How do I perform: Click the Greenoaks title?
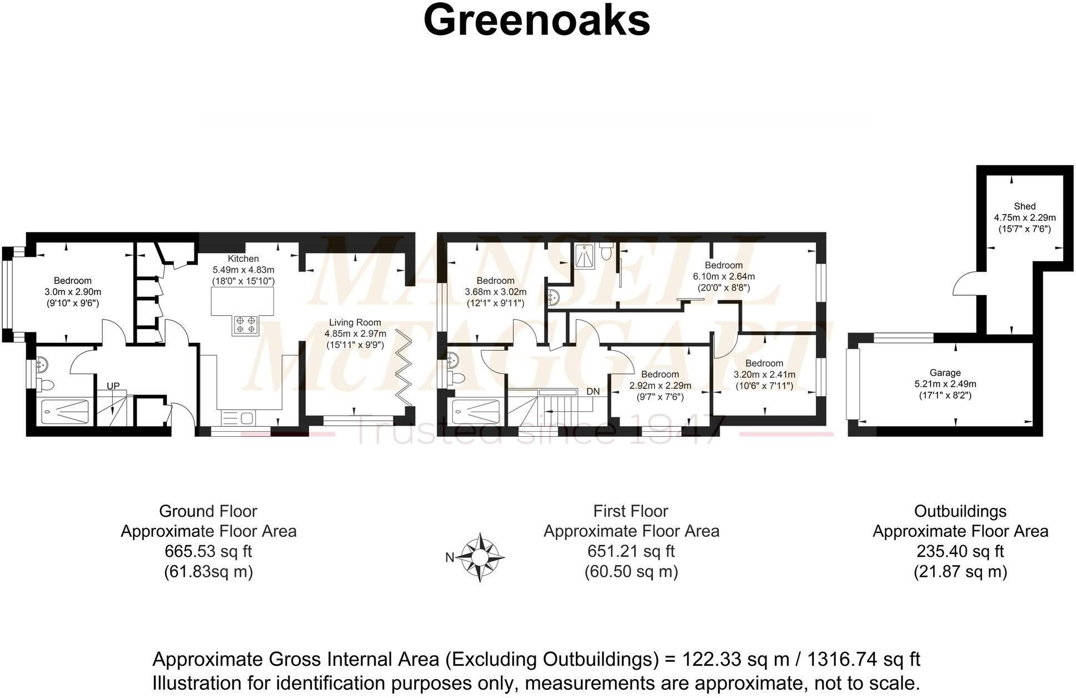[x=536, y=21]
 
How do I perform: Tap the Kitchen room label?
[x=243, y=258]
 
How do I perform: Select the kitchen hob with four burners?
[x=246, y=325]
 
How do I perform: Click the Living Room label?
[x=355, y=322]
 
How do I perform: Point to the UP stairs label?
[x=113, y=386]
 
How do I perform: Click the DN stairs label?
[x=593, y=391]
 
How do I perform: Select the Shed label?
[x=1024, y=206]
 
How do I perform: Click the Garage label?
[x=945, y=373]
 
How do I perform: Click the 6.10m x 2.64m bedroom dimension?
[x=723, y=276]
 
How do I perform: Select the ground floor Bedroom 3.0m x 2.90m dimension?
[x=73, y=292]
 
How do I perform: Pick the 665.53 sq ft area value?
[x=208, y=551]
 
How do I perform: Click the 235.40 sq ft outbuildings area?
[x=960, y=551]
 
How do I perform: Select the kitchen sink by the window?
[x=238, y=417]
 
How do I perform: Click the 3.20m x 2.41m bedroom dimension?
[x=764, y=375]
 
